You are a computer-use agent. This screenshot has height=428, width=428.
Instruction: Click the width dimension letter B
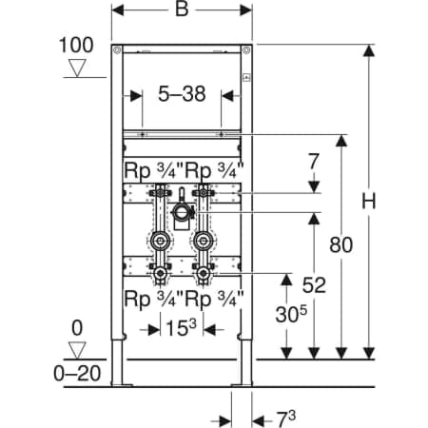pos(182,10)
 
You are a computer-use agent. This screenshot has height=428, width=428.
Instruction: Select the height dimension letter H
pos(369,201)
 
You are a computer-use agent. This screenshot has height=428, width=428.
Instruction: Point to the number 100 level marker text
pos(76,45)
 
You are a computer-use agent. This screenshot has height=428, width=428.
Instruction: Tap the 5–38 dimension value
pos(182,94)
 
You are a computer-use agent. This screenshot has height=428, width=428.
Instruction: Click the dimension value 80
pos(341,244)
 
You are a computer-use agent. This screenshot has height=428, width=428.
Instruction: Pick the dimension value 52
pos(314,285)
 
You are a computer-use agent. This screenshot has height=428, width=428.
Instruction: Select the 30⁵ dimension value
pos(291,314)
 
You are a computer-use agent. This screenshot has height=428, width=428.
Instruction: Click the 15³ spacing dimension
pos(181,327)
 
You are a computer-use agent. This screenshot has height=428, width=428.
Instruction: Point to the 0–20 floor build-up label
pos(77,374)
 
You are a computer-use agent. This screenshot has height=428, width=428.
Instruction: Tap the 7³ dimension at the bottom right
pos(286,419)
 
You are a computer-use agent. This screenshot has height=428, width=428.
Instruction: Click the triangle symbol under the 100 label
pos(77,68)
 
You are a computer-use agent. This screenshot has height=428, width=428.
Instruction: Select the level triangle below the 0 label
pos(77,350)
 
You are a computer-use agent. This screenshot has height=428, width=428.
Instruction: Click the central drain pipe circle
pos(182,212)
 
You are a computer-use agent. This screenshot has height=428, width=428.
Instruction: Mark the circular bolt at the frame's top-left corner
pos(117,50)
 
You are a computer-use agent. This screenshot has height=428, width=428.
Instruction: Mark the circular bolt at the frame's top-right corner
pos(246,50)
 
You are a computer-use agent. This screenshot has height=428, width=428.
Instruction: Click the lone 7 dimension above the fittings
pos(313,161)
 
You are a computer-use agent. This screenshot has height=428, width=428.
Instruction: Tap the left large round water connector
pos(160,242)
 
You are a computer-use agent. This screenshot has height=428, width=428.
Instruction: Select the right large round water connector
pos(203,242)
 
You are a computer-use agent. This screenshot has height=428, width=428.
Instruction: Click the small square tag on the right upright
pos(246,77)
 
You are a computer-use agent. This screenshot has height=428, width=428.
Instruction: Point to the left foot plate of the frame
pos(122,385)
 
